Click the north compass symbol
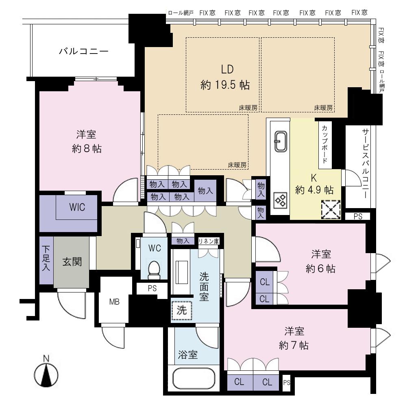click(46, 374)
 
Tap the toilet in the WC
click(154, 269)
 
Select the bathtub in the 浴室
click(194, 378)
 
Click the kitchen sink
click(281, 141)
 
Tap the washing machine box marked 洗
click(181, 310)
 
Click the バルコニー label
click(83, 51)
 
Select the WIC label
click(77, 207)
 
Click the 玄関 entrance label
click(72, 262)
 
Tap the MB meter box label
click(114, 302)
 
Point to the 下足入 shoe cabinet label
click(46, 258)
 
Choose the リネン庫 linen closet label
click(209, 241)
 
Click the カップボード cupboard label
click(324, 144)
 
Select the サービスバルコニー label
click(366, 163)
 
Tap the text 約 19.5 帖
click(225, 85)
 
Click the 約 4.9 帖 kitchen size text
click(314, 190)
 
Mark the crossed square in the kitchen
click(331, 210)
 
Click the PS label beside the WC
click(152, 288)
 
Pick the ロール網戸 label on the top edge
click(181, 13)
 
